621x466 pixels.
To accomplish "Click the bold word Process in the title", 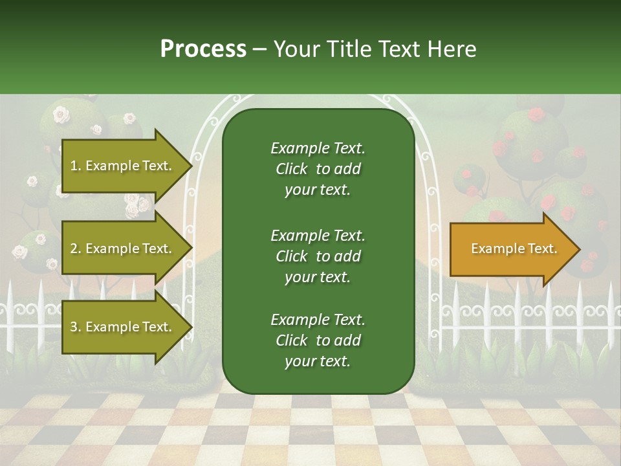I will (203, 49).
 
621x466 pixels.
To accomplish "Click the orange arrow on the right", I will (511, 249).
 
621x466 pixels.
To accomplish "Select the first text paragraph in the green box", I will (318, 169).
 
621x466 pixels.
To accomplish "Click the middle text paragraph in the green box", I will (318, 256).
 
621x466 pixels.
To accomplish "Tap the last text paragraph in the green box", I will (318, 340).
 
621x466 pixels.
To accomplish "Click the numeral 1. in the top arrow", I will (75, 166).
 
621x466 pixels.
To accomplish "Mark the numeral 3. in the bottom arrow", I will (75, 327).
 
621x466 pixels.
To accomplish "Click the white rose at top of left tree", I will (61, 115).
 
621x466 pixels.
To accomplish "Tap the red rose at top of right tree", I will (535, 116).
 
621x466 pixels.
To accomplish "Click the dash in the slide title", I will (259, 50).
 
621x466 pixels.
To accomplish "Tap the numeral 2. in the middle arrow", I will (75, 249).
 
